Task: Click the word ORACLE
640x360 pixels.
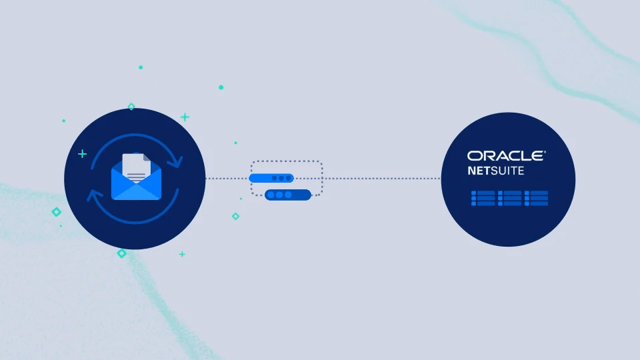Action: [x=505, y=156]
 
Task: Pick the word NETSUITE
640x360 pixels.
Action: [x=494, y=171]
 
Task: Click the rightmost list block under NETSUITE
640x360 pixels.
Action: [x=536, y=197]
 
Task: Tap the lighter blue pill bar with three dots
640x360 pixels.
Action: [x=271, y=179]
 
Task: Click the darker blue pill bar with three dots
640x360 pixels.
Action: [x=288, y=195]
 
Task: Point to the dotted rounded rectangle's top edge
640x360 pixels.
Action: [x=287, y=161]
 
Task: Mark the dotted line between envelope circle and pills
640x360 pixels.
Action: [x=227, y=179]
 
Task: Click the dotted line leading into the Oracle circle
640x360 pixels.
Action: [x=380, y=179]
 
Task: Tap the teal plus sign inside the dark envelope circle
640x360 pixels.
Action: [x=82, y=154]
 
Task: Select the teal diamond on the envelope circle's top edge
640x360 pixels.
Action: [x=131, y=107]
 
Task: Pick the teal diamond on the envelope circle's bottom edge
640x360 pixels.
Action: [x=121, y=253]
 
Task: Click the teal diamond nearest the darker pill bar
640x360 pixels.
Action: [x=235, y=216]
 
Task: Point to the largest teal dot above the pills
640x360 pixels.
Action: [x=221, y=87]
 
